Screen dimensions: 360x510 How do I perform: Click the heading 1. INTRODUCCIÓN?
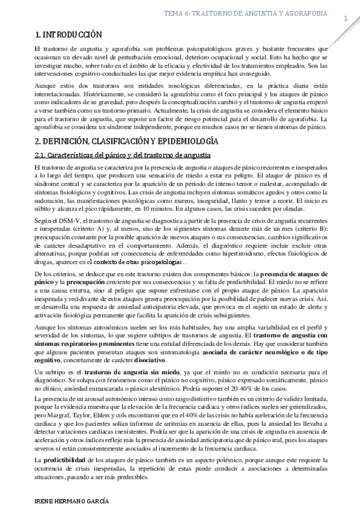pos(69,34)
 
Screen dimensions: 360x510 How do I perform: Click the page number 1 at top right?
pos(346,19)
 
